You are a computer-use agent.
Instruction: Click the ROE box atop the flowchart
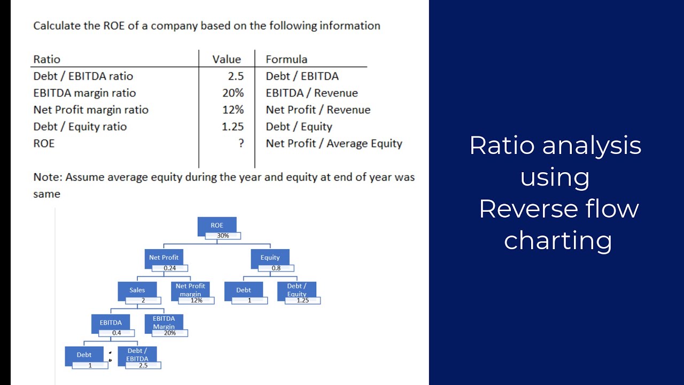[x=217, y=225]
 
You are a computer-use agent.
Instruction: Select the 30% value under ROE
[x=223, y=236]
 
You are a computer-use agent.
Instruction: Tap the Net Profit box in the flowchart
[x=164, y=257]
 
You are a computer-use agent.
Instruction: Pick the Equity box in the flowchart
[x=270, y=257]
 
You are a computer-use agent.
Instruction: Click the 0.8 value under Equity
[x=276, y=268]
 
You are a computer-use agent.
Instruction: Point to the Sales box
[x=137, y=290]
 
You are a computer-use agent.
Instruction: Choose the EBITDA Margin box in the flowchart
[x=164, y=322]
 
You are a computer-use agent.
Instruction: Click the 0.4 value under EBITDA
[x=116, y=333]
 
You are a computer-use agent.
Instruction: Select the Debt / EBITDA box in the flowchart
[x=137, y=354]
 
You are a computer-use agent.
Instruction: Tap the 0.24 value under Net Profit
[x=169, y=268]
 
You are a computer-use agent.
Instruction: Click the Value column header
[x=227, y=59]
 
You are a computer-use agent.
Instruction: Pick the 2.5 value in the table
[x=236, y=76]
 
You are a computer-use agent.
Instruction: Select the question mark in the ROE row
[x=242, y=143]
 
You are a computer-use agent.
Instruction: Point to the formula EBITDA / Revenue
[x=312, y=93]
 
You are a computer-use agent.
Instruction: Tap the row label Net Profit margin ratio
[x=91, y=110]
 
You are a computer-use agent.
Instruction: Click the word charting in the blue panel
[x=557, y=240]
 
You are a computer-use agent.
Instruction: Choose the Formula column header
[x=286, y=59]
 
